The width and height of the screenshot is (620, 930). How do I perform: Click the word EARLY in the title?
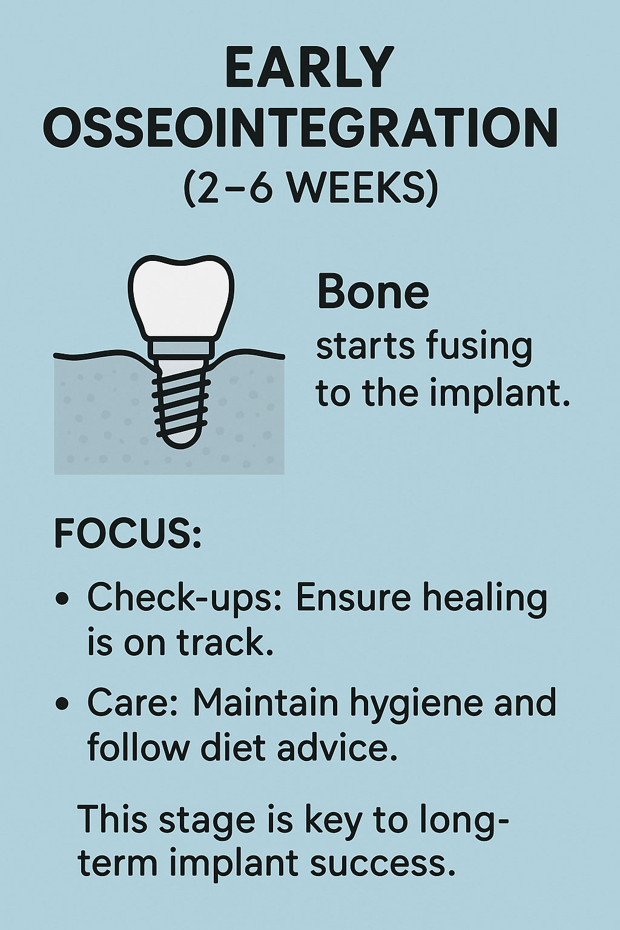tap(309, 67)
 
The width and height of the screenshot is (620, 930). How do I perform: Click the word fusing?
tap(473, 348)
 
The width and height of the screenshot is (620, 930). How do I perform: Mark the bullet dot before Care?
tap(62, 702)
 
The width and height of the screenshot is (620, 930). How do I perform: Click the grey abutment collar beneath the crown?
tap(181, 348)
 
